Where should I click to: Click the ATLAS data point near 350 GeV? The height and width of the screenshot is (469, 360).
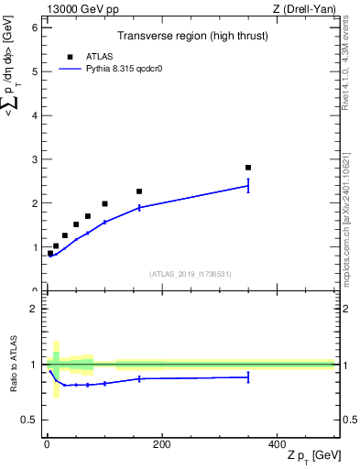248,168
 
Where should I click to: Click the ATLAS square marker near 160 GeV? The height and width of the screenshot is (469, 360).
139,191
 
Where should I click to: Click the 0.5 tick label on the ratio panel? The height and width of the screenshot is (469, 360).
29,420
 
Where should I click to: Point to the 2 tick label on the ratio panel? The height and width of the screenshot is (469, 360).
34,309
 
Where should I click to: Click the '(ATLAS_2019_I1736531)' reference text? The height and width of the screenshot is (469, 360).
188,274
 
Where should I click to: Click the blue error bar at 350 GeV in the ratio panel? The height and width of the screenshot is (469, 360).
248,376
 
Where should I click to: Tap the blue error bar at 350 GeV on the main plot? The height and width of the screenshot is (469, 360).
248,186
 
